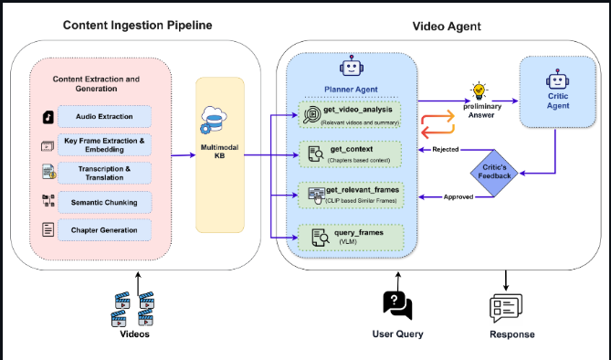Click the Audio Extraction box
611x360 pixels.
[x=104, y=116]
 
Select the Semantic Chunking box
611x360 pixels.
[x=104, y=203]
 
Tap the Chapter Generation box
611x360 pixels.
[x=104, y=230]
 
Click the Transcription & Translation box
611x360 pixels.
[x=104, y=174]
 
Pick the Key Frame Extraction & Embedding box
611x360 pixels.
[x=104, y=145]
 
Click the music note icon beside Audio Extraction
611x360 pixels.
[x=48, y=117]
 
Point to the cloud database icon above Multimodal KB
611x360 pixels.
[x=214, y=120]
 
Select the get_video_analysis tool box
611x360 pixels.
[x=350, y=114]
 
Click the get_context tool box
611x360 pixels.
[x=350, y=154]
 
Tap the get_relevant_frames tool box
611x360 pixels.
[x=351, y=195]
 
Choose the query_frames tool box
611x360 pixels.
[x=351, y=238]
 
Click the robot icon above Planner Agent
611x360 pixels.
[x=352, y=66]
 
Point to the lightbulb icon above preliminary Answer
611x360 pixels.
[x=479, y=90]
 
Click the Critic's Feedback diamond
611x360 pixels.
[x=494, y=173]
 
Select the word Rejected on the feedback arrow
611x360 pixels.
[x=446, y=149]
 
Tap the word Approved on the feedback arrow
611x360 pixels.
[x=458, y=197]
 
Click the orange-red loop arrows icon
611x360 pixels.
[x=437, y=124]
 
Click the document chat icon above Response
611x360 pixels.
[x=506, y=308]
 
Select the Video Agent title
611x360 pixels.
[x=447, y=26]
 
